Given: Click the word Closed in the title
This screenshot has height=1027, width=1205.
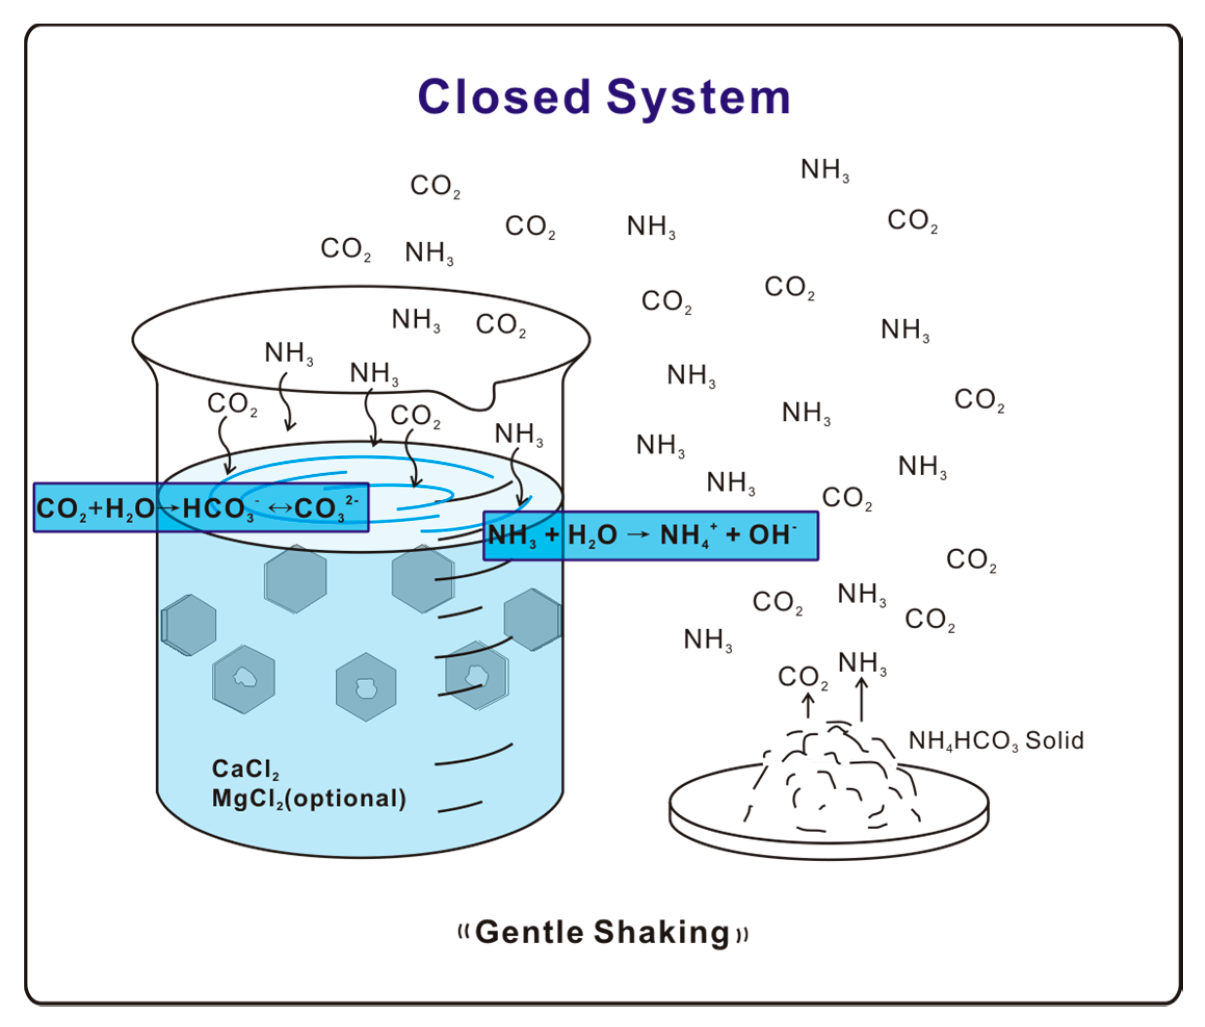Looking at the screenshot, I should (x=504, y=97).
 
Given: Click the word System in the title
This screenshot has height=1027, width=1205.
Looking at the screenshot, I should (x=698, y=98).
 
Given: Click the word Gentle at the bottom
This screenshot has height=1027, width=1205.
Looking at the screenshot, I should (x=529, y=933).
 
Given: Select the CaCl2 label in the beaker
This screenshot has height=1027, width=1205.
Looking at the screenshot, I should (x=245, y=770).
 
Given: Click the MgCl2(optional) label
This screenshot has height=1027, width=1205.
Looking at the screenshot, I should (x=308, y=799).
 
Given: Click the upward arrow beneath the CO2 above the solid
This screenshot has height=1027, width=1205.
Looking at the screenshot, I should (x=807, y=705).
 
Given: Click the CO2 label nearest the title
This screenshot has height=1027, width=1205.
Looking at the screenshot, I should (x=435, y=186).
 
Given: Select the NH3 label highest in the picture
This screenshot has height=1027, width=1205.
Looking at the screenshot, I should (x=824, y=170).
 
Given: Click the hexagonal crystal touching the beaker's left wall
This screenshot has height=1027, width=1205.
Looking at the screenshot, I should (x=189, y=625).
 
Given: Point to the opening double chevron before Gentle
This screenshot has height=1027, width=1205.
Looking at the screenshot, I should (x=463, y=933).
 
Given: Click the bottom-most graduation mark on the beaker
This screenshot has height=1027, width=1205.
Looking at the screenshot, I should (x=459, y=807).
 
